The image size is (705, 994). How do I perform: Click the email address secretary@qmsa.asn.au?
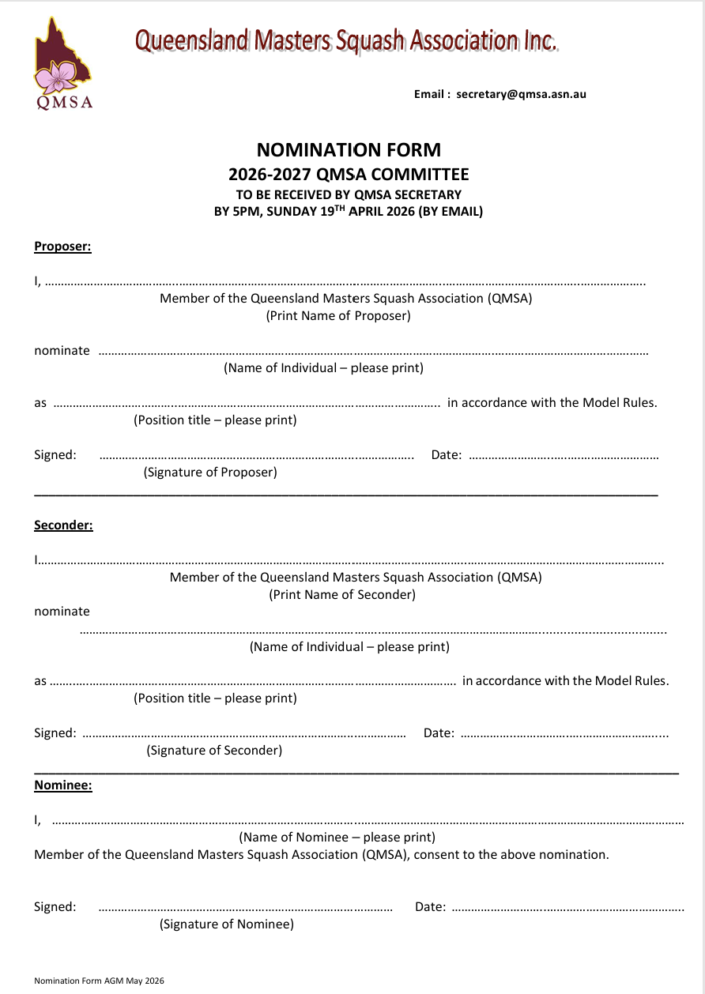(x=521, y=94)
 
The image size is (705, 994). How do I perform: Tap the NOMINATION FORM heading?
(x=349, y=149)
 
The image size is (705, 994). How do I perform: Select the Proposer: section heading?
(x=62, y=247)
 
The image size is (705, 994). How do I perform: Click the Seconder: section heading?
(x=63, y=525)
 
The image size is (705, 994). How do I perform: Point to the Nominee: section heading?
(x=62, y=785)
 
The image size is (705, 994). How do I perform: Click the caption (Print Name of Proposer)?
(x=337, y=316)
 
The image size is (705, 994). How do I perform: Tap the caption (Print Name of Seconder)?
(x=342, y=594)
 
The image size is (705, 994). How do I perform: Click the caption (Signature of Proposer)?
(x=210, y=473)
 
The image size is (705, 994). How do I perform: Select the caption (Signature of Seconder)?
(x=214, y=751)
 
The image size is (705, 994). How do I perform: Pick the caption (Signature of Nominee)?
(x=227, y=924)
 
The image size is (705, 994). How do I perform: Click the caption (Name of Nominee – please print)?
(x=337, y=838)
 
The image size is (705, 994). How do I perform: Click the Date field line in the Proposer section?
(x=564, y=456)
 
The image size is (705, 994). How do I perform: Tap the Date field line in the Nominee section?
(x=567, y=908)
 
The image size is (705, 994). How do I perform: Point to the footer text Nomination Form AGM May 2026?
(x=99, y=981)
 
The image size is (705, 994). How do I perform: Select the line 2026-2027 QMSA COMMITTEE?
(x=349, y=175)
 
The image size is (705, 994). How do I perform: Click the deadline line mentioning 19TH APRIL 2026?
(x=349, y=211)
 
